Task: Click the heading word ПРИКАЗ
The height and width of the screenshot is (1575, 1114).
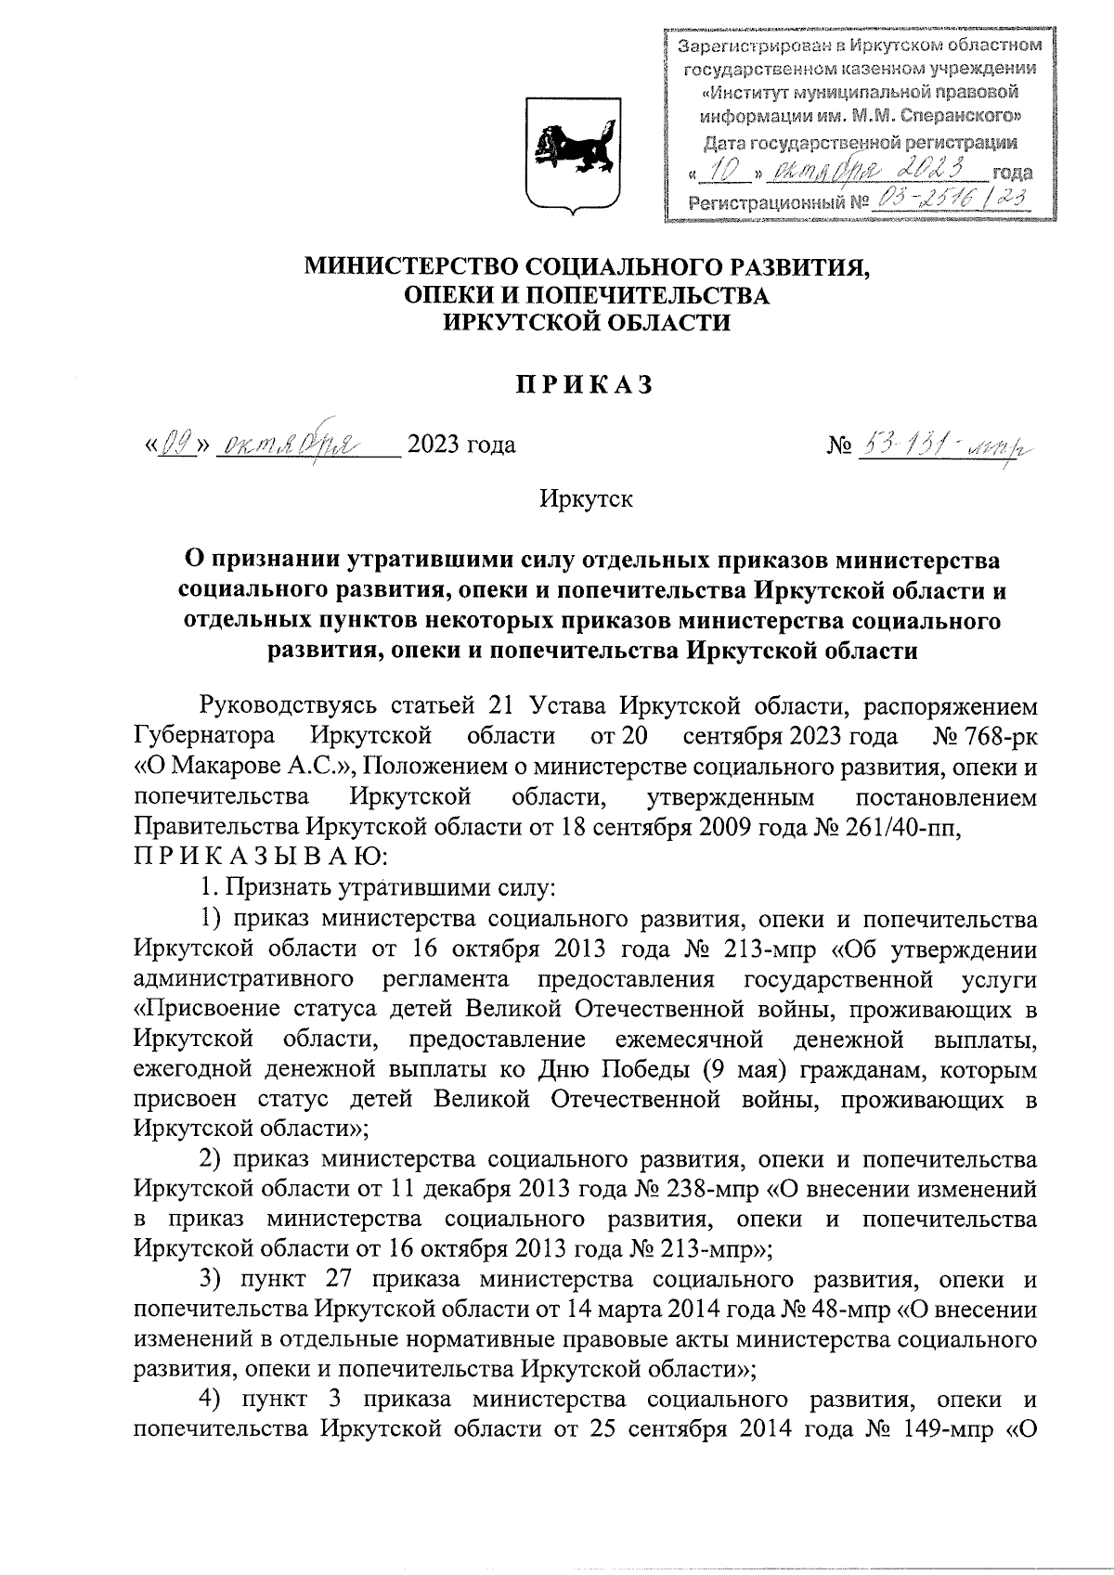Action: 585,385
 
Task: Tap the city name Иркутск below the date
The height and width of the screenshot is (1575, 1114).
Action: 586,499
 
